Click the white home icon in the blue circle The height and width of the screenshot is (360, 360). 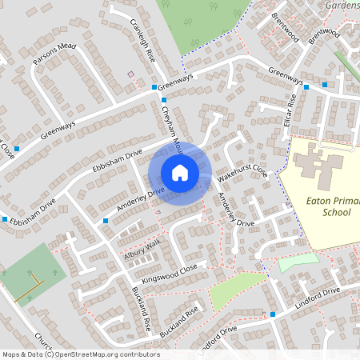(x=180, y=172)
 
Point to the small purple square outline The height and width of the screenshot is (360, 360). (x=131, y=74)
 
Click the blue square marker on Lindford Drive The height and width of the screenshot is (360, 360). (x=274, y=314)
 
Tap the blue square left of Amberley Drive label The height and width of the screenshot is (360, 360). (x=105, y=220)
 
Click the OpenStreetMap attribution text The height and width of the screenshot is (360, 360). (x=80, y=354)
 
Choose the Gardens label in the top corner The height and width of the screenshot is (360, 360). (x=341, y=4)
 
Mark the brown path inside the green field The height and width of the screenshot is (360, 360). (x=29, y=286)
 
